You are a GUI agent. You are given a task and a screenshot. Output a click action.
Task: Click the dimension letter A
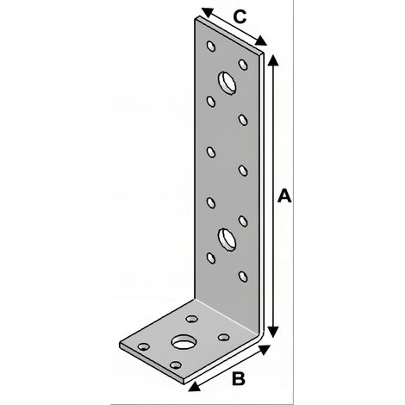point(284,196)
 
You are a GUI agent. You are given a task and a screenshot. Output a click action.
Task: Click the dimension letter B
point(239,378)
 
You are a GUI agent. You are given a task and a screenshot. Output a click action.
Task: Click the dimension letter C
point(240,16)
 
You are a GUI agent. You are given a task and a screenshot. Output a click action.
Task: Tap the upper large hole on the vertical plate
point(227,83)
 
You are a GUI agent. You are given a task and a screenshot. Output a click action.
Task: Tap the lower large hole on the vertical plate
point(227,240)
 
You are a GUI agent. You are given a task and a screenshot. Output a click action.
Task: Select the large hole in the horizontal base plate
point(184,342)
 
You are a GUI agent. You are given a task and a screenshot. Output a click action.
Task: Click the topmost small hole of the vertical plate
point(211,46)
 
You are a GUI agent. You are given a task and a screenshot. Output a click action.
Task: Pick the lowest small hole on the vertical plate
point(243,277)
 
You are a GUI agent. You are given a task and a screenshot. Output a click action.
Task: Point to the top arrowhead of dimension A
point(273,59)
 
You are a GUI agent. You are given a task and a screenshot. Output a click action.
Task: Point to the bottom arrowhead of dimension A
point(273,332)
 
